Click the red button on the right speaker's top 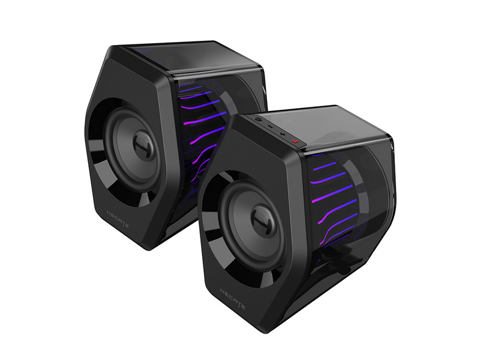tap(295, 141)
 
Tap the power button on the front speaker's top tap(258, 119)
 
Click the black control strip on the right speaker tap(276, 129)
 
